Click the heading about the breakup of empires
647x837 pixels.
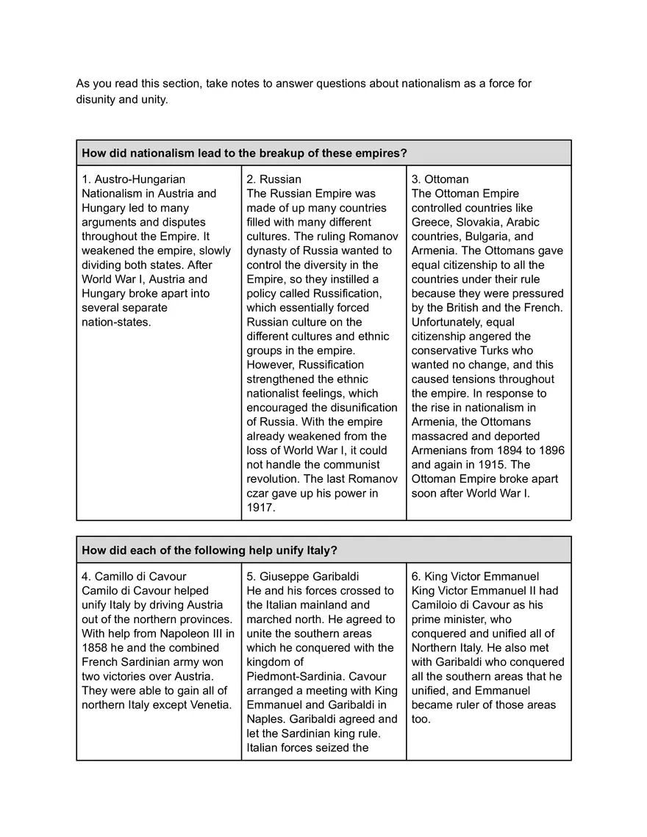click(x=244, y=153)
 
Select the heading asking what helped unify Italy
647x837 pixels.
click(x=210, y=550)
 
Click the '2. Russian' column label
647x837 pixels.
click(x=274, y=179)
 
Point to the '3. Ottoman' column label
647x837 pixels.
click(x=440, y=179)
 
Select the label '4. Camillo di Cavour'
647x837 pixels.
click(x=134, y=577)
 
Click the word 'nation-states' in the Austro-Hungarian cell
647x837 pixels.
click(x=116, y=322)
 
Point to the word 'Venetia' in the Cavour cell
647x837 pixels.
click(x=209, y=705)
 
